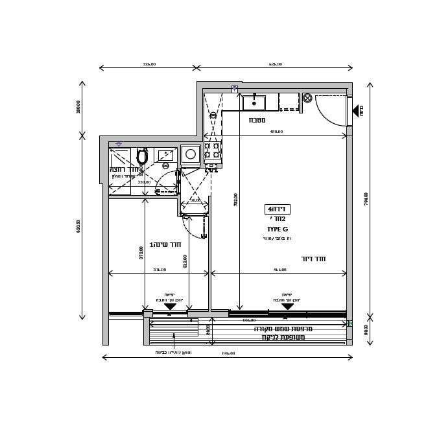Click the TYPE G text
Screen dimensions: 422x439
(x=277, y=229)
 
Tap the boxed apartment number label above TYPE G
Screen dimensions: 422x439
(x=277, y=209)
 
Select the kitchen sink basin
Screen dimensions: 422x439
(x=254, y=103)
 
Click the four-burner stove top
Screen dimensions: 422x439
(x=212, y=150)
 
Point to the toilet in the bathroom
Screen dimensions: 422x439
(x=142, y=156)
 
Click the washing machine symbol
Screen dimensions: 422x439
(x=191, y=154)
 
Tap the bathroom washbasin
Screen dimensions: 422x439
(x=165, y=156)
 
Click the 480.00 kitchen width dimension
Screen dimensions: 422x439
(x=276, y=132)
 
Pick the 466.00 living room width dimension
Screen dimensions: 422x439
(x=279, y=270)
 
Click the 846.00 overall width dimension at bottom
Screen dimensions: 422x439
(x=228, y=353)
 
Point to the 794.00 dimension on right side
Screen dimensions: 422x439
(x=366, y=198)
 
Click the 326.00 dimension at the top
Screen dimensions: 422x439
(x=149, y=64)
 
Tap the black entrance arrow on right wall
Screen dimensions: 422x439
(x=355, y=111)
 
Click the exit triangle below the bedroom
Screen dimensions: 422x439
(x=170, y=307)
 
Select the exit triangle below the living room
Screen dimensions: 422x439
(x=287, y=307)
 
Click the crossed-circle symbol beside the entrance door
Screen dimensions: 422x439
(x=307, y=98)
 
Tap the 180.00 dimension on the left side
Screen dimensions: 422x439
(x=78, y=107)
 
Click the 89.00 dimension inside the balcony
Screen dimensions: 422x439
(x=208, y=329)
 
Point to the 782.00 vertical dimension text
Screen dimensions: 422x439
(x=236, y=199)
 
